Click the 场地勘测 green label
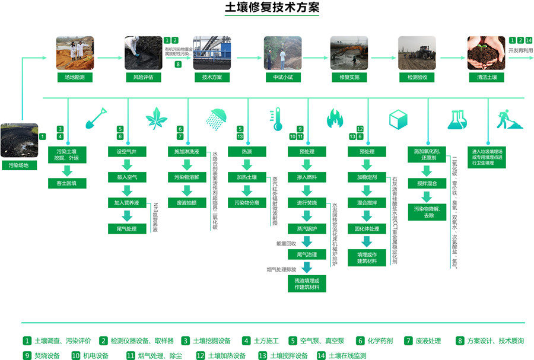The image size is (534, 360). (75, 77)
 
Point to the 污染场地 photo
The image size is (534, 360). (19, 140)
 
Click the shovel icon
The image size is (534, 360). (96, 119)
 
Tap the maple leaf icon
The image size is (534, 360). (156, 119)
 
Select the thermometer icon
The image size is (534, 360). (275, 119)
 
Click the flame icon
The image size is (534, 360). (335, 119)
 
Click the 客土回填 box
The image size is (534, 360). (67, 184)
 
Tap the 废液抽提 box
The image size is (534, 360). (187, 202)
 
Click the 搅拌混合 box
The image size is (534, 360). (427, 184)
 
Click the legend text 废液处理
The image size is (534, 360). (428, 341)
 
